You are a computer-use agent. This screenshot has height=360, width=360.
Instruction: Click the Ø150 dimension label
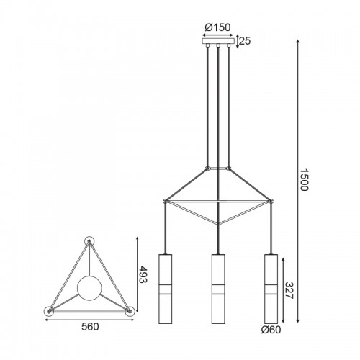tap(217, 27)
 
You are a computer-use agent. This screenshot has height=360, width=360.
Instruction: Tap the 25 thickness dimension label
tap(245, 41)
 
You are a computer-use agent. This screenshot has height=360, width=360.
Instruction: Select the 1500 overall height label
tap(304, 180)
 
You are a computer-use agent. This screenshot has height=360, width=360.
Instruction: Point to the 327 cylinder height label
tap(289, 290)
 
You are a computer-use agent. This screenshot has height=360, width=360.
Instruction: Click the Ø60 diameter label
tap(271, 330)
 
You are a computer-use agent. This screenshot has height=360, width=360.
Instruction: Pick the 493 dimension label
tap(143, 274)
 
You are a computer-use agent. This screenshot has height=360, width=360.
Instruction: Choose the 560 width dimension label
tap(90, 327)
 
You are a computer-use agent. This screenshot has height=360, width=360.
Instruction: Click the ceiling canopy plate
tap(218, 41)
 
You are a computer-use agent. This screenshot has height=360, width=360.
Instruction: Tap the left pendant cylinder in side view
tap(165, 289)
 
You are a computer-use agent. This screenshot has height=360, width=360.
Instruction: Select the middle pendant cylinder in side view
tap(218, 289)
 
